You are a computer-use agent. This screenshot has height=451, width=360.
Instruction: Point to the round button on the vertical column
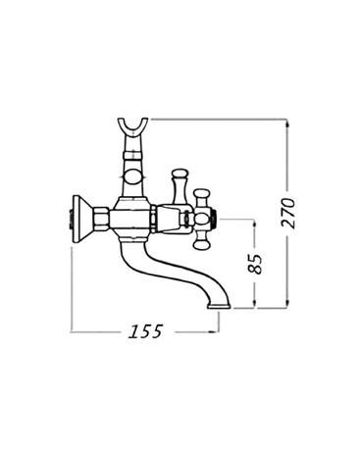(x=133, y=176)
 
